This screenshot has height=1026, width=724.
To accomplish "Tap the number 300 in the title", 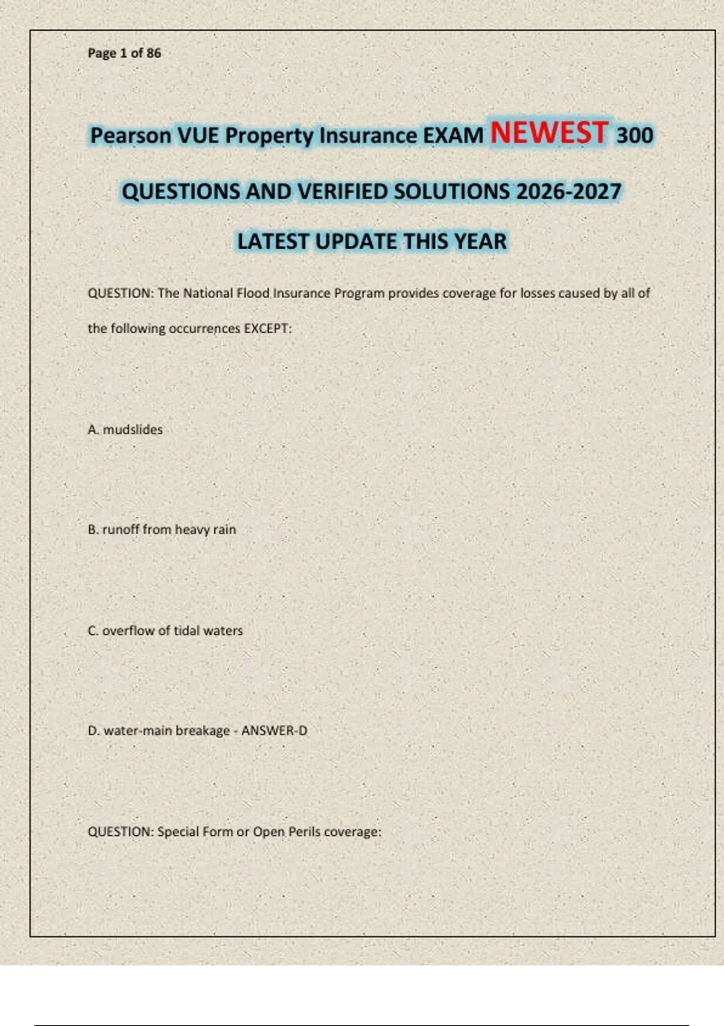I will pyautogui.click(x=634, y=135).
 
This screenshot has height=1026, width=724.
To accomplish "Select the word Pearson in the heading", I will pyautogui.click(x=130, y=136).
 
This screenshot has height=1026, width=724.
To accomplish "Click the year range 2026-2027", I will pyautogui.click(x=568, y=192).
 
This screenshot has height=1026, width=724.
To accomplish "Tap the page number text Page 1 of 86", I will pyautogui.click(x=124, y=53).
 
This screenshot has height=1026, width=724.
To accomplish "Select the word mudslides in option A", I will pyautogui.click(x=133, y=430).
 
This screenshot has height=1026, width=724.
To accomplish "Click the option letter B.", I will pyautogui.click(x=92, y=529).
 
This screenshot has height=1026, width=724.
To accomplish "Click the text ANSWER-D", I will pyautogui.click(x=274, y=731).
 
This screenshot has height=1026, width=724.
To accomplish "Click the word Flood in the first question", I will pyautogui.click(x=253, y=293).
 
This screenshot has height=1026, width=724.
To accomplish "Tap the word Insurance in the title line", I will pyautogui.click(x=367, y=136).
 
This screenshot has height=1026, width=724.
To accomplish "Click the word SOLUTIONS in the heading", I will pyautogui.click(x=452, y=192).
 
